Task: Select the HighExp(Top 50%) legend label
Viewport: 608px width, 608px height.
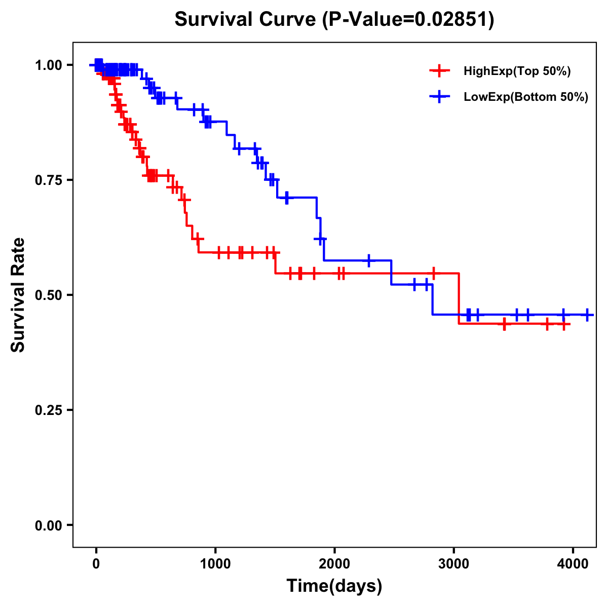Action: (517, 71)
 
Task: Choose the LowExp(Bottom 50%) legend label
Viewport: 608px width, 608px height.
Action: (526, 97)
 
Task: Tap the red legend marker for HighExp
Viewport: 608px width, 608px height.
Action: (439, 71)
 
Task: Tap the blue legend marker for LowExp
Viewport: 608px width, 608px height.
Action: (439, 97)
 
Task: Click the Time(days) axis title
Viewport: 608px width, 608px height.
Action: (334, 586)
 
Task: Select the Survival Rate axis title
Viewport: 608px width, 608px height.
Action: (18, 295)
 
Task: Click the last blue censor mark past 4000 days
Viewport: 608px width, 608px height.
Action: (587, 315)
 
